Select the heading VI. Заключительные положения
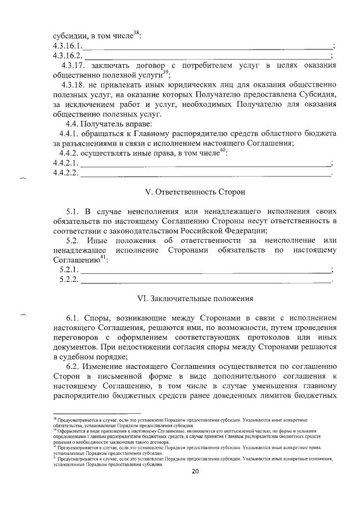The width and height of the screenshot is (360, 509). [196, 298]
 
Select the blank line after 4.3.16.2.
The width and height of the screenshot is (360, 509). [208, 57]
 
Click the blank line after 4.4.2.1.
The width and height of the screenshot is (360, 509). [205, 164]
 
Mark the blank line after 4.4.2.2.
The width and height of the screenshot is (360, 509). [205, 174]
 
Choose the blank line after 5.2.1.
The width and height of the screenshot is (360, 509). [205, 271]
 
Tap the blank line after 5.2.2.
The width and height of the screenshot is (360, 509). [205, 280]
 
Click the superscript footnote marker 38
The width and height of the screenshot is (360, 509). [136, 32]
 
